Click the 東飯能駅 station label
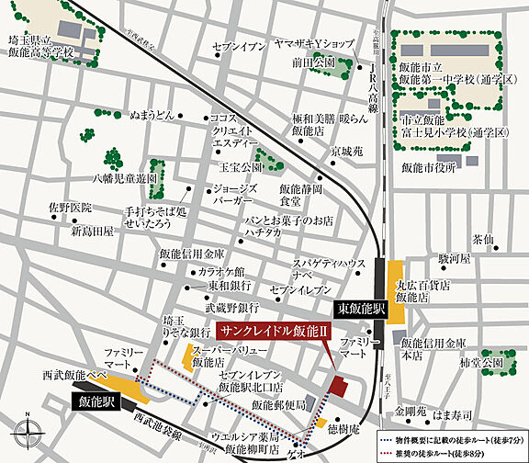point(357,309)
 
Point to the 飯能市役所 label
point(429,167)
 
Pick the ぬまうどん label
point(152,117)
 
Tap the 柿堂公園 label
point(479,364)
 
